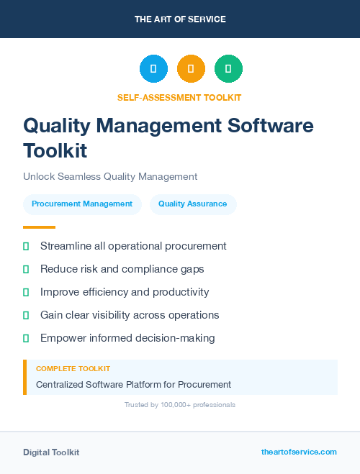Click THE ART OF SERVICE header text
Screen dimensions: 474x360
(x=180, y=19)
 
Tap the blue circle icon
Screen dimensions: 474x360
(x=153, y=69)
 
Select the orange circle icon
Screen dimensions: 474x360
(x=191, y=69)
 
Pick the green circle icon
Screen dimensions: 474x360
(x=228, y=69)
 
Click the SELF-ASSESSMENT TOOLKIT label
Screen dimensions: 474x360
(x=180, y=97)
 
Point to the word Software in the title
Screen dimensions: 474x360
(x=271, y=126)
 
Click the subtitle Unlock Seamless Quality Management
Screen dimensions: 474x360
(x=110, y=176)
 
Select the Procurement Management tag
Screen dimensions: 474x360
(x=82, y=204)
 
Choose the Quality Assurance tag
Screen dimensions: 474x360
(x=193, y=204)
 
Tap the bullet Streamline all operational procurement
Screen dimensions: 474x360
(x=133, y=246)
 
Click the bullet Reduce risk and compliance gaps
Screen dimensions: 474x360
(x=122, y=269)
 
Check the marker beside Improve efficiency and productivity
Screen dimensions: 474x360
(x=26, y=292)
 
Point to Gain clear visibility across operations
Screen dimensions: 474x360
(x=130, y=315)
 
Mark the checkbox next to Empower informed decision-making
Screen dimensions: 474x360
(x=26, y=338)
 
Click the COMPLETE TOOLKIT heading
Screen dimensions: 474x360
(x=73, y=368)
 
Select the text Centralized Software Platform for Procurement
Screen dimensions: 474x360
(x=133, y=384)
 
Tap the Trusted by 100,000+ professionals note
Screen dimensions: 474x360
(x=180, y=405)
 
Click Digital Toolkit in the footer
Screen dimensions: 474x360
(x=51, y=452)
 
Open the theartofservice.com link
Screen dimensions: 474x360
(x=299, y=452)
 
